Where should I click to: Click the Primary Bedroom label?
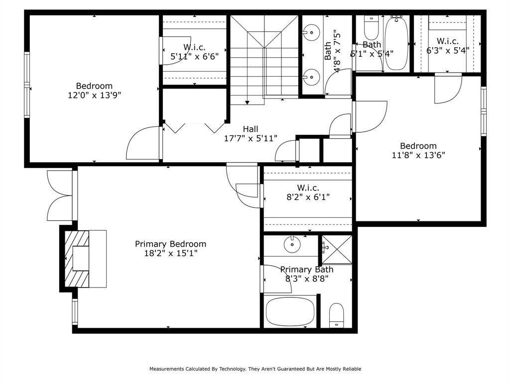170,244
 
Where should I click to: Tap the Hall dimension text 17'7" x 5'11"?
251,138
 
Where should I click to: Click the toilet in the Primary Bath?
336,315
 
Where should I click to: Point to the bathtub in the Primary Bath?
290,311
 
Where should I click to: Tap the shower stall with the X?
337,250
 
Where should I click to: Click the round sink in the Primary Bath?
292,245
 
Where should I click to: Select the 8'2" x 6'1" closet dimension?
308,197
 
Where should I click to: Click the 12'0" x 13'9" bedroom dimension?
94,95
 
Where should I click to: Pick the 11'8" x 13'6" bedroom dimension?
418,155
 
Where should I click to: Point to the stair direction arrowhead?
247,102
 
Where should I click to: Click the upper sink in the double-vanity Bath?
311,32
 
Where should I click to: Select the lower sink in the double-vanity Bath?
311,77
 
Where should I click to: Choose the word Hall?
251,129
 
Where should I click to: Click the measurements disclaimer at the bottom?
255,369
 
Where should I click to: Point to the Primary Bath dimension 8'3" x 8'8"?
307,279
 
